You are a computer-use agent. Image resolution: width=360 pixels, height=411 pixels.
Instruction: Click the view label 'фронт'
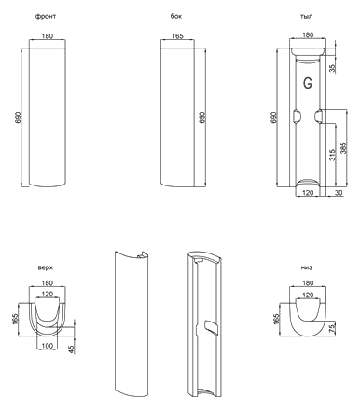pos(46,16)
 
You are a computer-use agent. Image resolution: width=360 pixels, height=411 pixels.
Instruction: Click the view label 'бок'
pos(176,16)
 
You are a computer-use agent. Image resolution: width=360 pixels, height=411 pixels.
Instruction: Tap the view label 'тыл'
pos(306,16)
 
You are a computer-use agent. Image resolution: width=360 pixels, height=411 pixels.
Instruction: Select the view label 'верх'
pos(46,267)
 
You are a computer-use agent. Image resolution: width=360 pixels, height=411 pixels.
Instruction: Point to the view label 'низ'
pos(306,267)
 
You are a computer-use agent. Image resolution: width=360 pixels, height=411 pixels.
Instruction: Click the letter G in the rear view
pos(308,83)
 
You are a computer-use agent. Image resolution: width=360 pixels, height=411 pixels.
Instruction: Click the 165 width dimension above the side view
pos(177,36)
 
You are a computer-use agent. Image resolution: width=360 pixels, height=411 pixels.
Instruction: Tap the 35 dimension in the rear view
pos(332,68)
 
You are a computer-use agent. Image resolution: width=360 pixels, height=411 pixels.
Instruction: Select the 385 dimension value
pos(343,148)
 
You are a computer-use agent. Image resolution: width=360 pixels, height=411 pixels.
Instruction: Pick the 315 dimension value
pos(332,155)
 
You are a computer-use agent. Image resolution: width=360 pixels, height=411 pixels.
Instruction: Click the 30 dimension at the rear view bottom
pos(339,193)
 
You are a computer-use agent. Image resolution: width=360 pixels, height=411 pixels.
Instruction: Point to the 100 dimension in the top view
pos(47,346)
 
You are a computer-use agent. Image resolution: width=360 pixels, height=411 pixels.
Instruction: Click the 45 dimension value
pos(71,349)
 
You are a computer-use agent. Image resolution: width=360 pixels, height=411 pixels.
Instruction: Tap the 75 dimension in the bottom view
pos(332,327)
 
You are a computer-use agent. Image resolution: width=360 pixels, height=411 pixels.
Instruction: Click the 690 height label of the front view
pos(19,117)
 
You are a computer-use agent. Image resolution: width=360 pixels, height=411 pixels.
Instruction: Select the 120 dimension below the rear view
pos(308,193)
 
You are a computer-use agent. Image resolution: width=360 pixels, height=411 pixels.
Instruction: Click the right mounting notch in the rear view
pos(317,116)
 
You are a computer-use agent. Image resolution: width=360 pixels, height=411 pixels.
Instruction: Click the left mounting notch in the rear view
pos(297,116)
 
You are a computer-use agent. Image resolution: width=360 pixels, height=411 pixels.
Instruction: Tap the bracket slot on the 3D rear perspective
pos(211,328)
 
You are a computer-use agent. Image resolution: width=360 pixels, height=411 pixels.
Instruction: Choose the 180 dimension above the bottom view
pos(308,282)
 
